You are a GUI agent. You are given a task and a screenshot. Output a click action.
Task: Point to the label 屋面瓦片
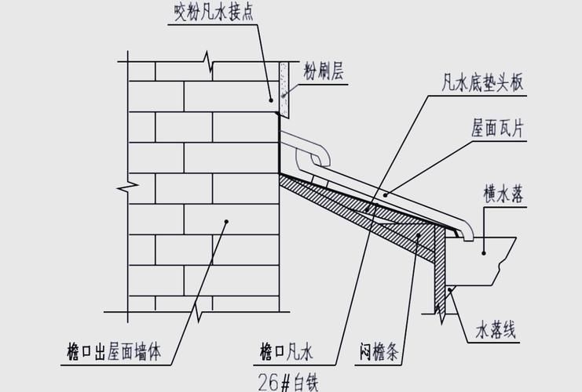click(498, 126)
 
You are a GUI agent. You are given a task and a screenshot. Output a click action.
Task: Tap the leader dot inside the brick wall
click(227, 222)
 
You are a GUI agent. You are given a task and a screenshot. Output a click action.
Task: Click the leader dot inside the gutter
click(484, 251)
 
